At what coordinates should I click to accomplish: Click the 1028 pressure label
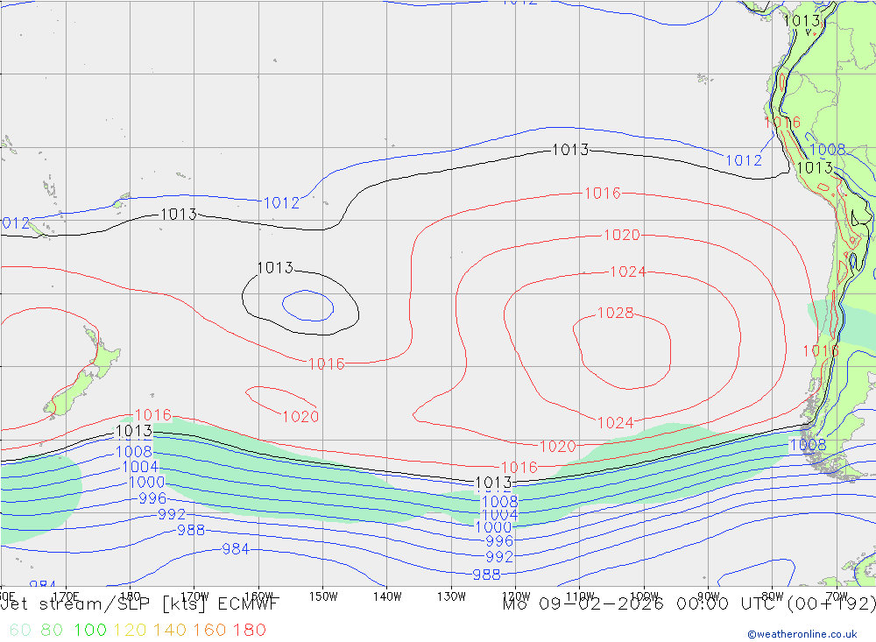coord(615,314)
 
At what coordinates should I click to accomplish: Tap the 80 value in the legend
coord(52,630)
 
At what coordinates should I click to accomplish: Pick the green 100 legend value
coord(91,630)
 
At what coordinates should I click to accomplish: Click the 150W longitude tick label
coord(322,596)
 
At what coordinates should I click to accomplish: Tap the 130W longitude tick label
coord(451,596)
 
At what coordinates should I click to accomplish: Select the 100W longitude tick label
coord(644,596)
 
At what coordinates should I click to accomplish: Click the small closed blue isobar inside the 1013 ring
coord(307,306)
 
